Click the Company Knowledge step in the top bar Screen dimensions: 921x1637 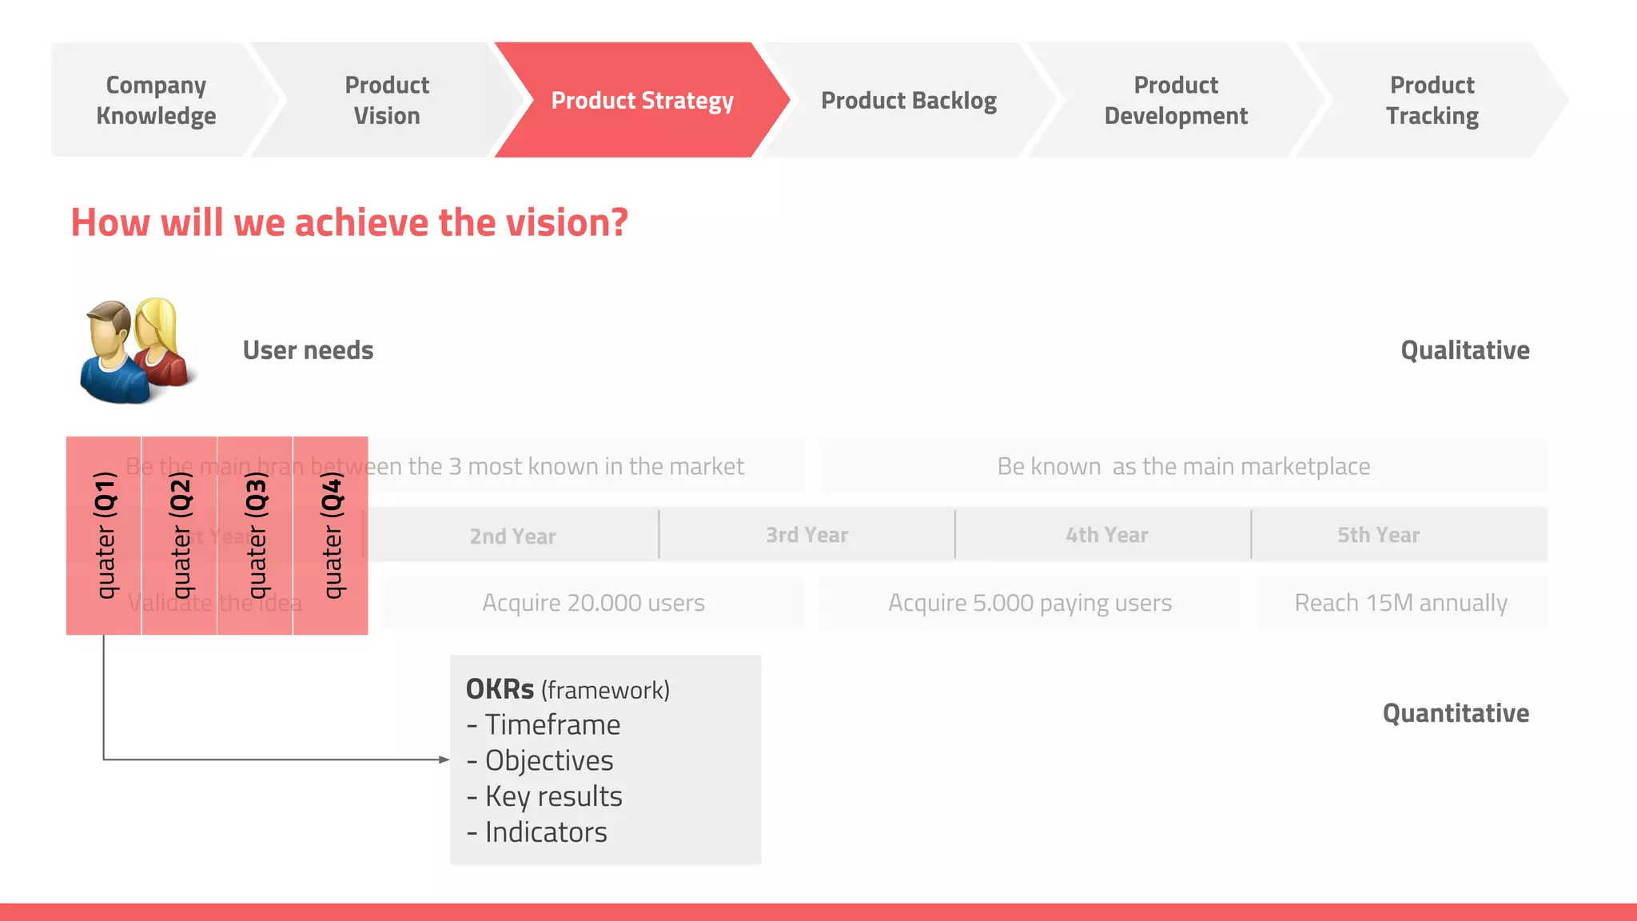156,100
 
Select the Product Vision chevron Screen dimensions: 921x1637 387,100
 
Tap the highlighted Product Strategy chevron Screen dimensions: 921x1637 642,100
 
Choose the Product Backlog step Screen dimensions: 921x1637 909,100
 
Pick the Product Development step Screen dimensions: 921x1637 1176,100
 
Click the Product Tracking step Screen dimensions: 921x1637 1432,100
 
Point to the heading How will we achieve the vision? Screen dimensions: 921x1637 349,222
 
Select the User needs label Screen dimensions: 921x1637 308,350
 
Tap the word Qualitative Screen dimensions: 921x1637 1464,350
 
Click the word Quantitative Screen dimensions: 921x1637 1456,713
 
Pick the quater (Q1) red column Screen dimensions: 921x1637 104,535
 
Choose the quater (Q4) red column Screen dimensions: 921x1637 331,535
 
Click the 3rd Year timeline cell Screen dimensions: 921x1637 807,535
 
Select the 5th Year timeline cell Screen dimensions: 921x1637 1378,535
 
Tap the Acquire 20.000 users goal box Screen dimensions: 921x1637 594,603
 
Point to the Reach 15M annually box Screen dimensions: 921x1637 1400,603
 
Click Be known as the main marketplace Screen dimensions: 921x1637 1183,466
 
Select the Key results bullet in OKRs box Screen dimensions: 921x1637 553,796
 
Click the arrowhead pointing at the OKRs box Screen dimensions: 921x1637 444,760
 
